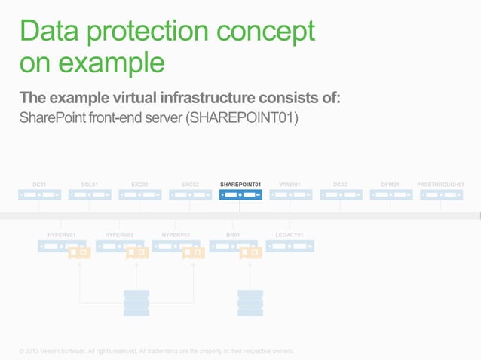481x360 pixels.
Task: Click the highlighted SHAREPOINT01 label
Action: [240, 184]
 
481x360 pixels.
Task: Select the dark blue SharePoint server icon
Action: [240, 195]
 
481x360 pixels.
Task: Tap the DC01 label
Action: [39, 184]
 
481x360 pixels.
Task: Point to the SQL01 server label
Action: [89, 184]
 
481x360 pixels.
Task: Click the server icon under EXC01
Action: [139, 195]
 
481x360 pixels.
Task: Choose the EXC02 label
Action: [190, 184]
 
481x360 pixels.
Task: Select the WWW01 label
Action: [290, 184]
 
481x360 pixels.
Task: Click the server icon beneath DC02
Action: [340, 195]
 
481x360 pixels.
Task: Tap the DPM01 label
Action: [391, 184]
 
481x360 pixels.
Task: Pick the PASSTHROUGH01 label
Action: [440, 184]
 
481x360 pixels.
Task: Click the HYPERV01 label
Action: [62, 235]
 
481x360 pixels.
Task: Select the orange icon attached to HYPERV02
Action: [137, 253]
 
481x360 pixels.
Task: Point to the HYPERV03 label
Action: [176, 235]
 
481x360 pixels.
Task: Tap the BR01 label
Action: [233, 235]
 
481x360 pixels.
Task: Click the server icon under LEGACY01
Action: [290, 246]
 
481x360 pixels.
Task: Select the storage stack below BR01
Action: [250, 303]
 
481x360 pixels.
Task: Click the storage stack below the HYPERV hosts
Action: [136, 303]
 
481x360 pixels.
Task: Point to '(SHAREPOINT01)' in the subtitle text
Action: [248, 120]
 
